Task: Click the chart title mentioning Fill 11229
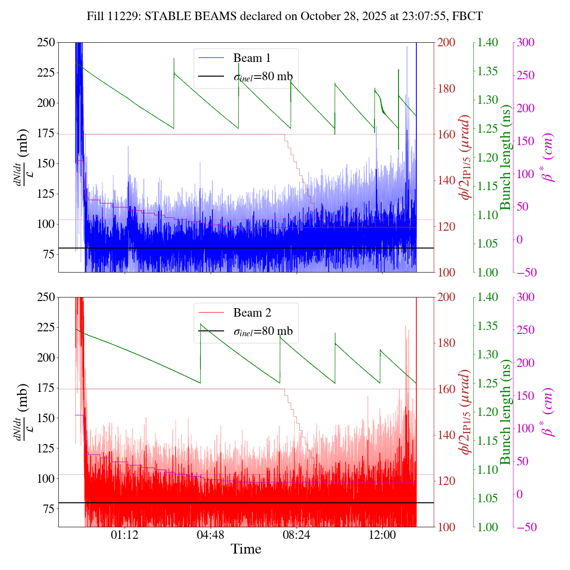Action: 285,16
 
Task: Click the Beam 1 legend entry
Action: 252,58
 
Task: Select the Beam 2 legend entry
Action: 252,313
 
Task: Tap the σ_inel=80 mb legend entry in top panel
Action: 263,77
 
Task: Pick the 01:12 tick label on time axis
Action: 125,534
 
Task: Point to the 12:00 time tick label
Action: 382,534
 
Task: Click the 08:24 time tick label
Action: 296,534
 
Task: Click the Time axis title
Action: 246,549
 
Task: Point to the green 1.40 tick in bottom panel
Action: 488,297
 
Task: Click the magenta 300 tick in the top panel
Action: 525,42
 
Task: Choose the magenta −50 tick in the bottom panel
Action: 525,527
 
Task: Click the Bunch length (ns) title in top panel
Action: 505,157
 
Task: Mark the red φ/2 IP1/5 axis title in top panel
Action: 466,157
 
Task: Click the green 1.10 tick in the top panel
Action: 488,215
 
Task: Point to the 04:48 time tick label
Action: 210,534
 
